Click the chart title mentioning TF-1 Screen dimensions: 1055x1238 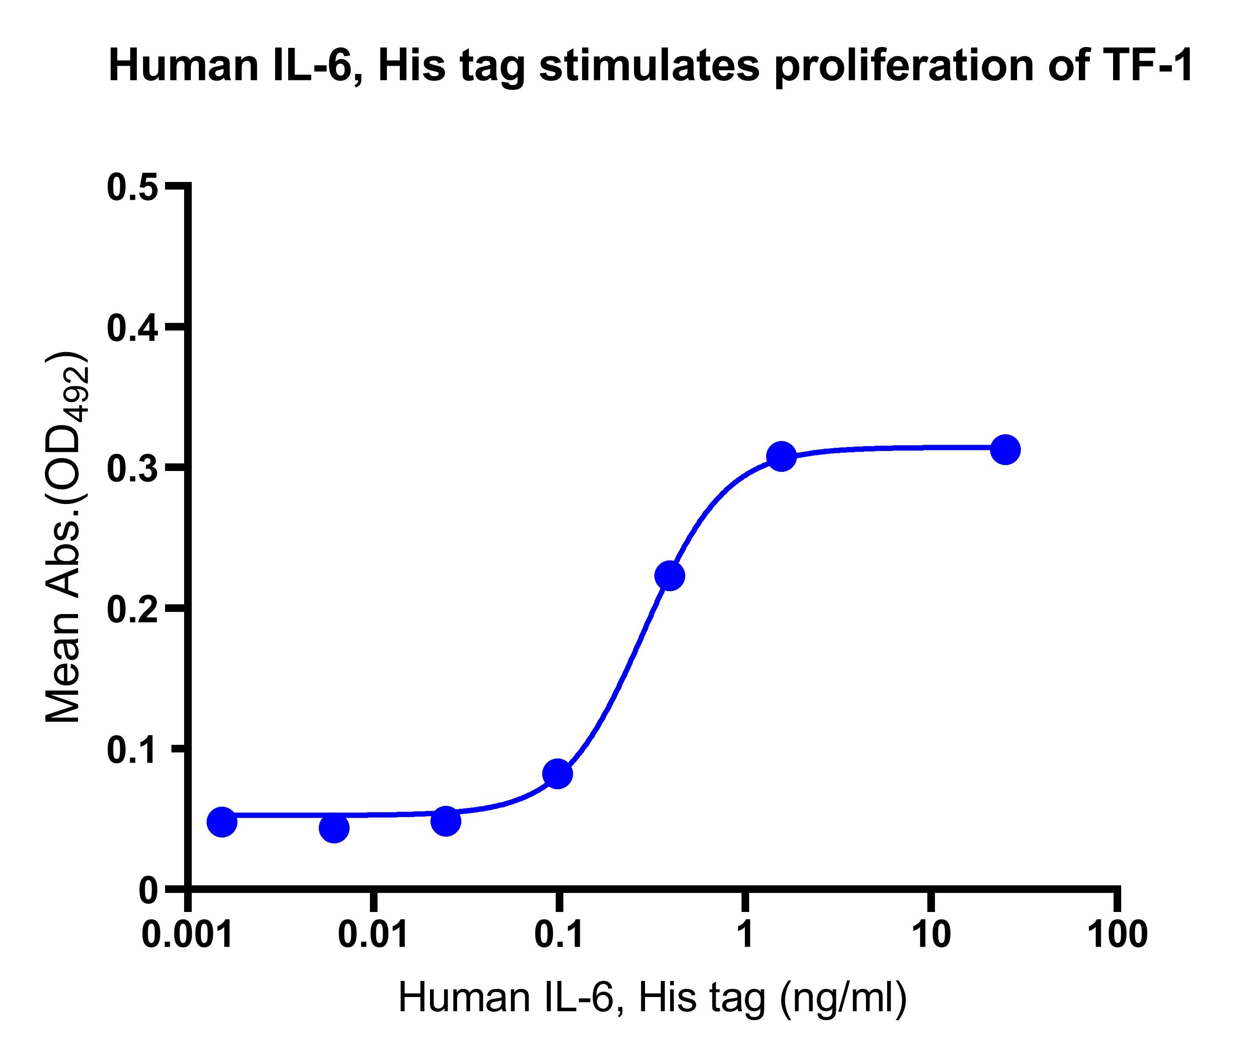(651, 67)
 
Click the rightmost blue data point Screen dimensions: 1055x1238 (1006, 449)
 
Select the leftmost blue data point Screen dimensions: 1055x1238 (222, 822)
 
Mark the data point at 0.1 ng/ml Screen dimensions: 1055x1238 (557, 774)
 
